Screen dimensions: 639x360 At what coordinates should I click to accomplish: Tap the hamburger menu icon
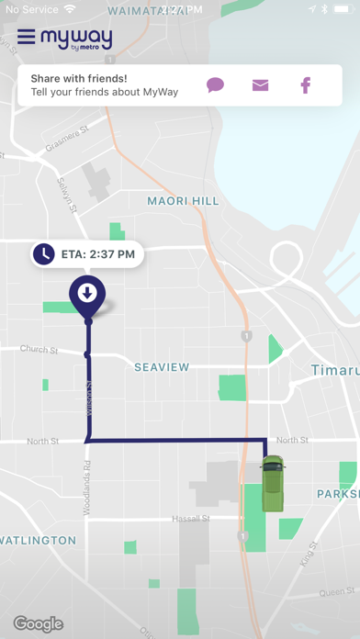(x=26, y=38)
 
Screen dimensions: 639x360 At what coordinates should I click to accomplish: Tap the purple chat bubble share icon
(x=215, y=85)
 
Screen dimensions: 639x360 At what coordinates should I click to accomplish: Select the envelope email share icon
(x=261, y=85)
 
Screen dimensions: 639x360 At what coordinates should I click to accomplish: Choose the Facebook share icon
(x=306, y=85)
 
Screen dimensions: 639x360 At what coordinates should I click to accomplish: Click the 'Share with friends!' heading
(x=79, y=79)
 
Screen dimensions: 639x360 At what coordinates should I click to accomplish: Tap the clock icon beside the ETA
(x=43, y=253)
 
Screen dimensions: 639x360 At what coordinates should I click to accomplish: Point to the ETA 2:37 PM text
(x=97, y=254)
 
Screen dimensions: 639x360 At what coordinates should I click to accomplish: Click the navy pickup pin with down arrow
(x=87, y=294)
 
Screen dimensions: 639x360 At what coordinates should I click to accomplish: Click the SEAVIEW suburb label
(x=162, y=367)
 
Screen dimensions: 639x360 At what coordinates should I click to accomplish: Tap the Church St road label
(x=39, y=350)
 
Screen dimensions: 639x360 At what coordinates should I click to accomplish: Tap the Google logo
(x=39, y=624)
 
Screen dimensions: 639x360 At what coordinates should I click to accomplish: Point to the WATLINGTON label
(x=37, y=540)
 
